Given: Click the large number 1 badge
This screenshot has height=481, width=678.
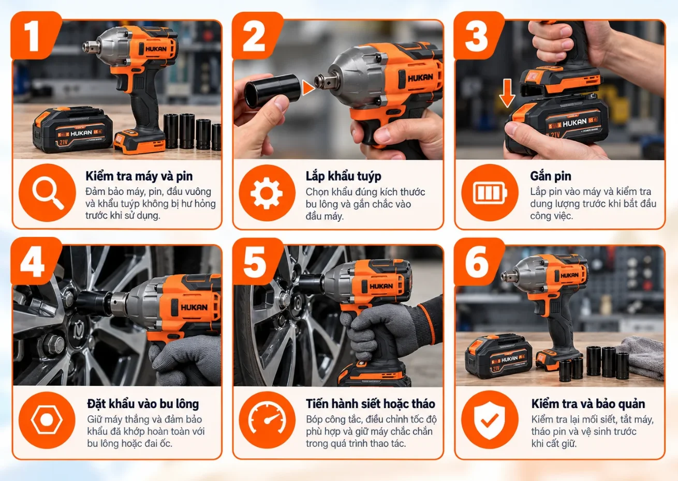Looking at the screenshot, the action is coord(34,36).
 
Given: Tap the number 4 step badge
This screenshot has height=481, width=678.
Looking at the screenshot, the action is coord(34,261).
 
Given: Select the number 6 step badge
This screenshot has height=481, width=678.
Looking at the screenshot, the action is coord(478,261).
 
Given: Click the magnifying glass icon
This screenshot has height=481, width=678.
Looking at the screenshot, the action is coord(47,193).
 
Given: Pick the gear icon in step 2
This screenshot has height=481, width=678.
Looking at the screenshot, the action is coord(267,193).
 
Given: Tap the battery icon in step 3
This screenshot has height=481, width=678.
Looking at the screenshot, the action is coord(490,193).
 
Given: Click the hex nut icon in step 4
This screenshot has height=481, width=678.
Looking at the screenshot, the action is coord(47,420).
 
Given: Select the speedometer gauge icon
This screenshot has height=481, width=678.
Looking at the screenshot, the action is coord(267,420).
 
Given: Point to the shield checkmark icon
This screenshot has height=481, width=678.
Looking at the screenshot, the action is coord(490,420).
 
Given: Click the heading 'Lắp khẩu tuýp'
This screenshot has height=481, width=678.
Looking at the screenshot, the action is coord(343,176).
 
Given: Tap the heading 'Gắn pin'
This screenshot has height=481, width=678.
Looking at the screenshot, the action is coord(551,176).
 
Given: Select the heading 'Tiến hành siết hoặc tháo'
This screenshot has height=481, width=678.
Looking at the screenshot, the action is coord(371,404).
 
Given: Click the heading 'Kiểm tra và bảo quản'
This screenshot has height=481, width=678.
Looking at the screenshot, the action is coord(588,404).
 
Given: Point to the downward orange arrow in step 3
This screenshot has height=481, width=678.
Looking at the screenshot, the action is coord(507,93).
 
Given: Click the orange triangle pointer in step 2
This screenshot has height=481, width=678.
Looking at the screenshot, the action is coord(308,88).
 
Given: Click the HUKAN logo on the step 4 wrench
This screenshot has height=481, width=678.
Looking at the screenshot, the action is coord(194,307).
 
